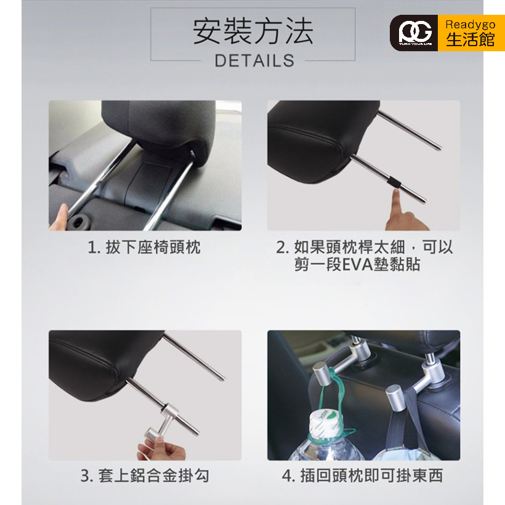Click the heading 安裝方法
click(253, 31)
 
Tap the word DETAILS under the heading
click(254, 60)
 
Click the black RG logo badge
click(414, 33)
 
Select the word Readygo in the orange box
click(471, 24)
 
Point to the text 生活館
click(471, 39)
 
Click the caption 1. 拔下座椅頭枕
click(144, 248)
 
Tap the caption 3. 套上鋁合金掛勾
click(145, 475)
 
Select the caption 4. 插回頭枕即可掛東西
click(363, 475)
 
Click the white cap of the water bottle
click(322, 424)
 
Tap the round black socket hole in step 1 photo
click(78, 221)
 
